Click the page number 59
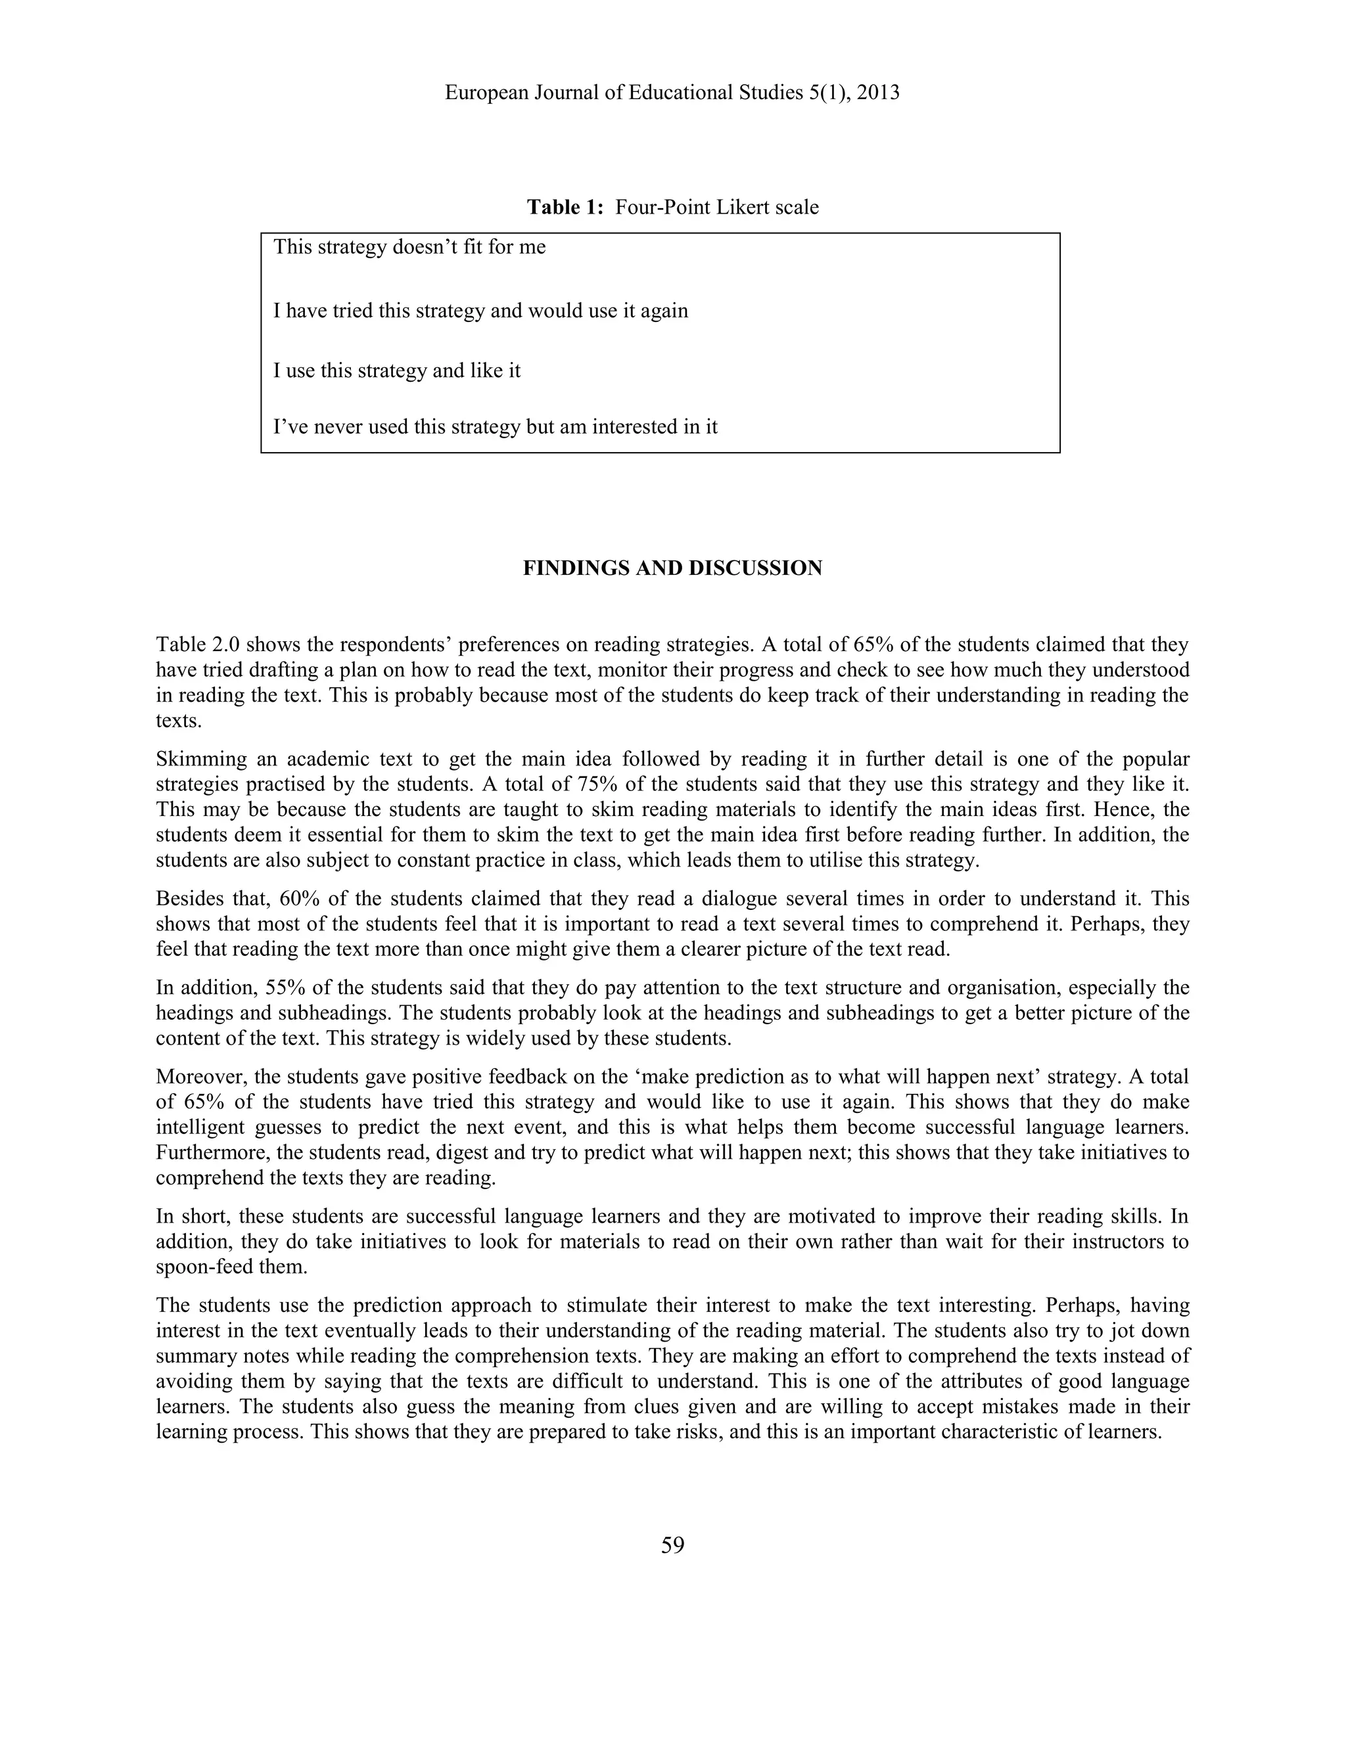[672, 1545]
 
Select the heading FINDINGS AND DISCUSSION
[672, 568]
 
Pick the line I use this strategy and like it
[396, 371]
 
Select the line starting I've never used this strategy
[494, 426]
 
